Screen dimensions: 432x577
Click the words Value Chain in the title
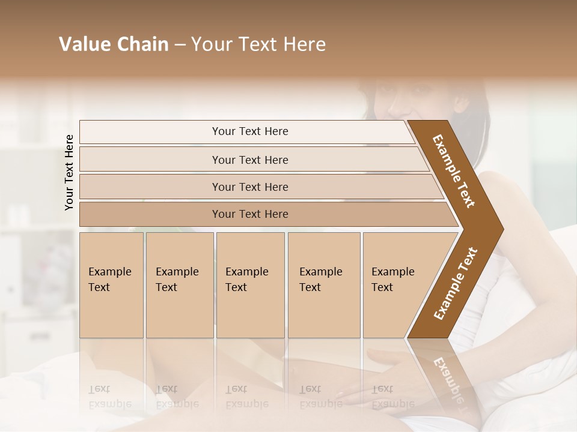pyautogui.click(x=114, y=44)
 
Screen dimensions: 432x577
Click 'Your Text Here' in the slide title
pyautogui.click(x=258, y=44)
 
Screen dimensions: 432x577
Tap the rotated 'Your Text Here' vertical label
pyautogui.click(x=69, y=172)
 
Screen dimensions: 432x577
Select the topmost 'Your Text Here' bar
pyautogui.click(x=249, y=131)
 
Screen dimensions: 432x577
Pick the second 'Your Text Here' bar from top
pyautogui.click(x=249, y=160)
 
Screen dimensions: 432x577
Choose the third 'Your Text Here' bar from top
pyautogui.click(x=249, y=187)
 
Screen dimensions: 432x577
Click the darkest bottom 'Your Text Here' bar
pyautogui.click(x=249, y=214)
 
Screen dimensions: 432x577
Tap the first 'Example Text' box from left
pyautogui.click(x=111, y=285)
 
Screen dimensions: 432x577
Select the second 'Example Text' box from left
pyautogui.click(x=179, y=285)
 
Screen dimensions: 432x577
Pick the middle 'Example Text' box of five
pyautogui.click(x=250, y=285)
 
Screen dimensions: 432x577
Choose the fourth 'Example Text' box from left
pyautogui.click(x=323, y=285)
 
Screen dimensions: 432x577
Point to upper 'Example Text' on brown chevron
pyautogui.click(x=454, y=171)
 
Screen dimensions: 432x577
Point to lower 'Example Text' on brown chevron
pyautogui.click(x=456, y=283)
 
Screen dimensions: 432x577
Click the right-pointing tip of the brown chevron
pyautogui.click(x=499, y=229)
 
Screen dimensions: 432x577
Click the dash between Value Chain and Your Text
pyautogui.click(x=180, y=45)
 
